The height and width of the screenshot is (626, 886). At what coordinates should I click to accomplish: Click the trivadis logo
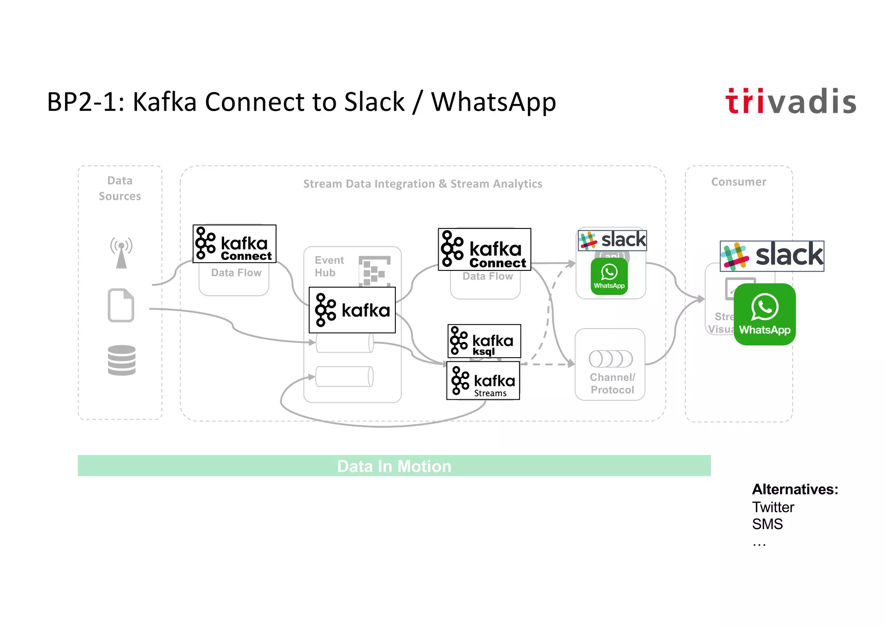[x=790, y=102]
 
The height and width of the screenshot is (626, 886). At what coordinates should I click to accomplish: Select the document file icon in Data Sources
[x=121, y=305]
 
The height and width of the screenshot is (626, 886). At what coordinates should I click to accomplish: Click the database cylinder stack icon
[x=122, y=360]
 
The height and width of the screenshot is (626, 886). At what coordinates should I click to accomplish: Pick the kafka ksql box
[x=484, y=341]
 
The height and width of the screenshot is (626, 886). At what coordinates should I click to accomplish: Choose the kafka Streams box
[x=483, y=381]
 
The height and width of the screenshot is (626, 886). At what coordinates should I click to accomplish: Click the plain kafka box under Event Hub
[x=352, y=310]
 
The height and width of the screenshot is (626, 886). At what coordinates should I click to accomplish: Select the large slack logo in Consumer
[x=772, y=256]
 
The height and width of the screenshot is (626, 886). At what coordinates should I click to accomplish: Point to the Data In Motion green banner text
[x=394, y=466]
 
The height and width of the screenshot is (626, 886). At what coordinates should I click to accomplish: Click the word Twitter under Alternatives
[x=773, y=507]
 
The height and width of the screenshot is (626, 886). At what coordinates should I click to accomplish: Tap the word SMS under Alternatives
[x=767, y=524]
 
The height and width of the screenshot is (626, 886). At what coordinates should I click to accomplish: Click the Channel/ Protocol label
[x=612, y=384]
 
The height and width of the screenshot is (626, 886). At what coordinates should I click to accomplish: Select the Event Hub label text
[x=329, y=266]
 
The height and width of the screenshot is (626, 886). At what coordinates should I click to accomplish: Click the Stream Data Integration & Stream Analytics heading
[x=422, y=184]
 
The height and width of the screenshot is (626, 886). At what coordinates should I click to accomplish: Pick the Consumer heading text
[x=738, y=182]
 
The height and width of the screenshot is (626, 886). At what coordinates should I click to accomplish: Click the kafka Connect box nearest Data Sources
[x=234, y=244]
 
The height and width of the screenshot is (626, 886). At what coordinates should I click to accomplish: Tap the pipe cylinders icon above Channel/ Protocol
[x=610, y=359]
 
